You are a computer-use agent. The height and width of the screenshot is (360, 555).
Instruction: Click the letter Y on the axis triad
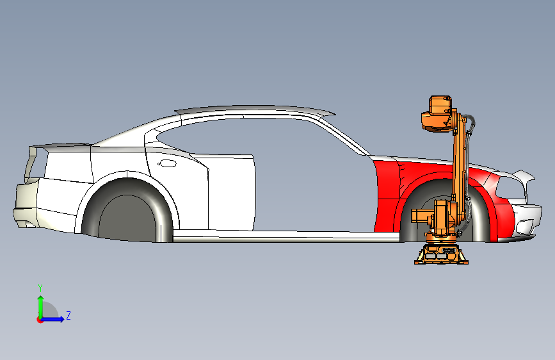pyautogui.click(x=40, y=288)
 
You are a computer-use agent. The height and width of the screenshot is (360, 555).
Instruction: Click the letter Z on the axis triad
pyautogui.click(x=68, y=315)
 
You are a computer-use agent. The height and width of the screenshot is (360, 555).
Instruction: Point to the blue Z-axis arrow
pyautogui.click(x=56, y=318)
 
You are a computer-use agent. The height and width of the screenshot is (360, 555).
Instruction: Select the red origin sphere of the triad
pyautogui.click(x=40, y=319)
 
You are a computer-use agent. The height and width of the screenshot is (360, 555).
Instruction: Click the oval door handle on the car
pyautogui.click(x=167, y=163)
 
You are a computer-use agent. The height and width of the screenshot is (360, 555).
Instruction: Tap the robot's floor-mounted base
pyautogui.click(x=441, y=253)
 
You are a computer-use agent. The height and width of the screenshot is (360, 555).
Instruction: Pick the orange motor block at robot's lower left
pyautogui.click(x=422, y=216)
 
